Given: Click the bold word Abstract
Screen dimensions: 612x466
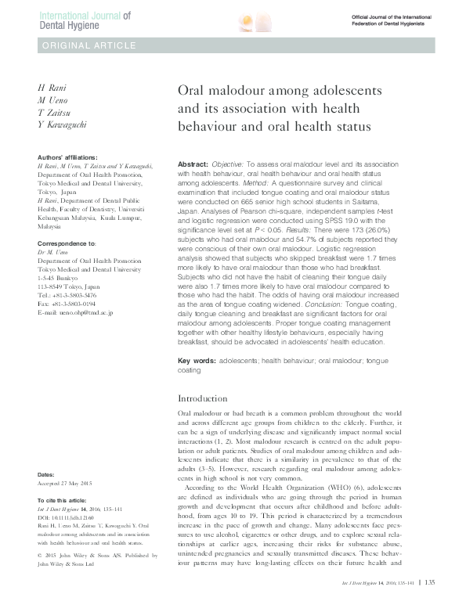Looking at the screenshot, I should point(193,157).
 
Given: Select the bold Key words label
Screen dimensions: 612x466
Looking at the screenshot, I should point(197,361).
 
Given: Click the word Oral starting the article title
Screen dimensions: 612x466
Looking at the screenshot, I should point(193,91).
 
